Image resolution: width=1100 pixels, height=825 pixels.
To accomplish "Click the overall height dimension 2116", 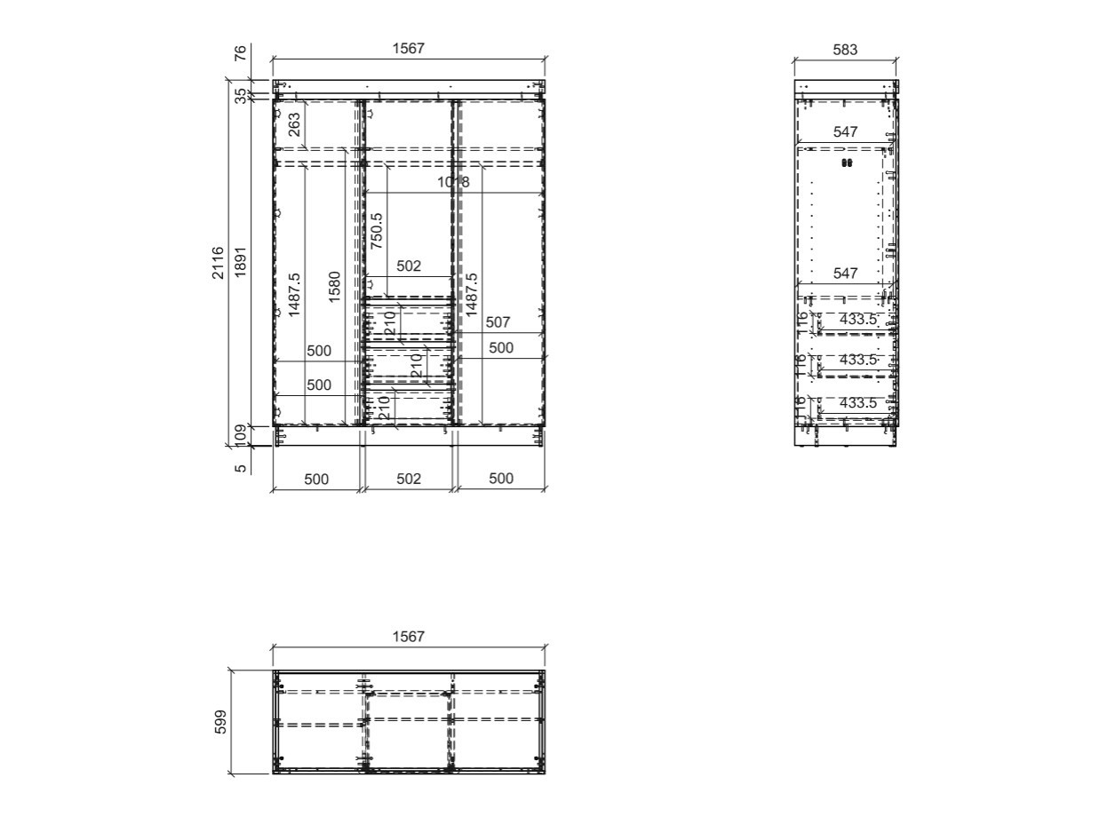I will [219, 263].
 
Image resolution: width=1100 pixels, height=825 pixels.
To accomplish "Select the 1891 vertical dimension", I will [240, 263].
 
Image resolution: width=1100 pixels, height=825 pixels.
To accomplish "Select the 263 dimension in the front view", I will [295, 123].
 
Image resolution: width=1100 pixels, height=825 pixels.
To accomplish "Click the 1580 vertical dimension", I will [334, 287].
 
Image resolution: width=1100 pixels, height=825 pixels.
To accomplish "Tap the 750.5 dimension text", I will [377, 229].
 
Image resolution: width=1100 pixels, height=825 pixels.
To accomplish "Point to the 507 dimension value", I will [498, 322].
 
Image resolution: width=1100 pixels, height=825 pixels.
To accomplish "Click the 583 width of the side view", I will [845, 50].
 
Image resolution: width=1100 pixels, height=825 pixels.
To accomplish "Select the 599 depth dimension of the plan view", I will [221, 722].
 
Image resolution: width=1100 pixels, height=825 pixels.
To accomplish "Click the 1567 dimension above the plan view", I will [409, 636].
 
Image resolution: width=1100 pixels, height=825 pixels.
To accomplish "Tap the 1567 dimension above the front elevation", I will [409, 49].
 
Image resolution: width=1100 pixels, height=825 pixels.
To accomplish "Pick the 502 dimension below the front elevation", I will [409, 479].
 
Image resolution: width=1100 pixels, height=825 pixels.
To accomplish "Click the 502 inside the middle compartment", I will [409, 266].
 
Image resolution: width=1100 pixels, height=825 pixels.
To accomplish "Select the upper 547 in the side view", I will [846, 131].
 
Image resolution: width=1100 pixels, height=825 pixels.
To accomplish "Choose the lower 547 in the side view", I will [846, 274].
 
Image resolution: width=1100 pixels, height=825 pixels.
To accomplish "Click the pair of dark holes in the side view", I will [846, 163].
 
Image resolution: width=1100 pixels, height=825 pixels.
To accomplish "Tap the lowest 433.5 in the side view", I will [858, 402].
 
